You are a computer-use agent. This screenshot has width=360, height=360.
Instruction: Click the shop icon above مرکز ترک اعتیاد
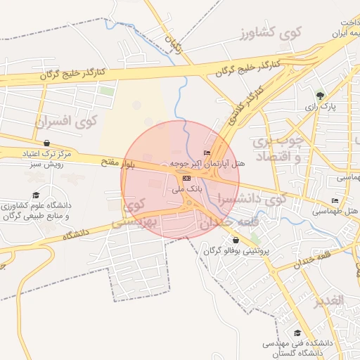point(46,143)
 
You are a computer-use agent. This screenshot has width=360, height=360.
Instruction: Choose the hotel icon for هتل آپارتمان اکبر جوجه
point(207,152)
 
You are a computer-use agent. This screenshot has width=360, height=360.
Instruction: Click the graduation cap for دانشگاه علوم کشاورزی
point(36,195)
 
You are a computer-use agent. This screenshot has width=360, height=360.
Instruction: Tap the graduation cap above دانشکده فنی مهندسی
point(297,333)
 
